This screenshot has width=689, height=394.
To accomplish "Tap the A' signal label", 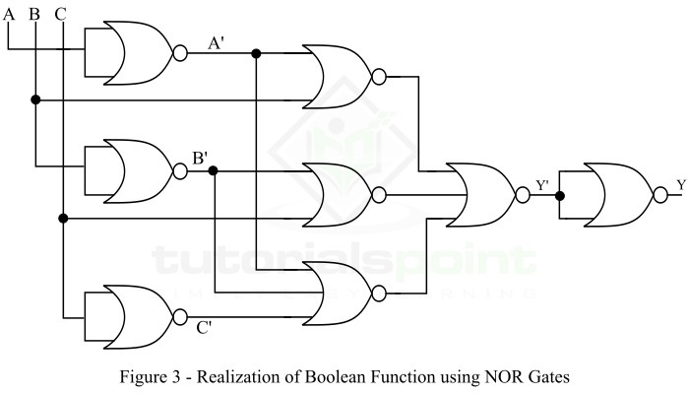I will [x=216, y=42].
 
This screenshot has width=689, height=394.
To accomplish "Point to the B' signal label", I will [x=200, y=158].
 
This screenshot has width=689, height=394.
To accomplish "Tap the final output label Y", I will [x=680, y=184].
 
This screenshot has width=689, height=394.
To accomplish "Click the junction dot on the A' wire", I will [x=256, y=52].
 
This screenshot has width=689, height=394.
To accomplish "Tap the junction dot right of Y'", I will [x=559, y=194].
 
